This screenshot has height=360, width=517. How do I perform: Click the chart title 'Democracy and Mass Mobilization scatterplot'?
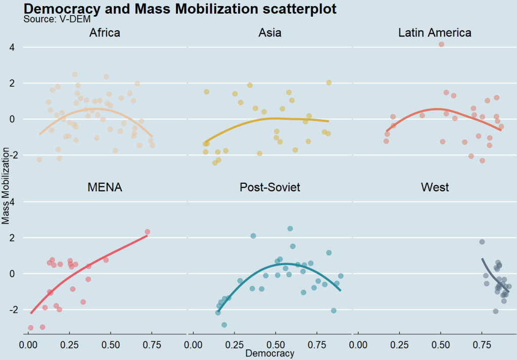[180, 9]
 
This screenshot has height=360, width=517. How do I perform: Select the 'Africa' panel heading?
[105, 33]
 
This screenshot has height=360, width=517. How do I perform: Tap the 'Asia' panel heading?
[270, 33]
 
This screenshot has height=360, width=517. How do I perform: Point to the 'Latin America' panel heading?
[435, 33]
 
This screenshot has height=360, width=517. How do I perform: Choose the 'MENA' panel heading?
[105, 188]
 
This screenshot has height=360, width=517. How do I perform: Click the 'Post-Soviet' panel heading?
[270, 188]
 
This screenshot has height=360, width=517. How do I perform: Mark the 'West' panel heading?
[435, 188]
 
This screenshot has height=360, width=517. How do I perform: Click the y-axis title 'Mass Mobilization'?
[6, 185]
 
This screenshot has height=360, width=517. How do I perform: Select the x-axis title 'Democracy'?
[270, 353]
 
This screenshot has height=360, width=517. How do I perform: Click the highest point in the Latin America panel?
[441, 44]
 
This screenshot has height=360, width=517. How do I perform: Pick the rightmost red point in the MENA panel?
[148, 232]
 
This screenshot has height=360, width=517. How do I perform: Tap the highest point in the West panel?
[482, 242]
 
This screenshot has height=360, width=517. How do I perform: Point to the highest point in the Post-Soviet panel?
[290, 229]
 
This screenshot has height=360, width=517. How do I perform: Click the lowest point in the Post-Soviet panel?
[224, 325]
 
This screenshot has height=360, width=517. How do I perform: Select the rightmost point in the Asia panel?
[328, 83]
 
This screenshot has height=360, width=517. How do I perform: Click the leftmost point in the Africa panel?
[39, 160]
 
